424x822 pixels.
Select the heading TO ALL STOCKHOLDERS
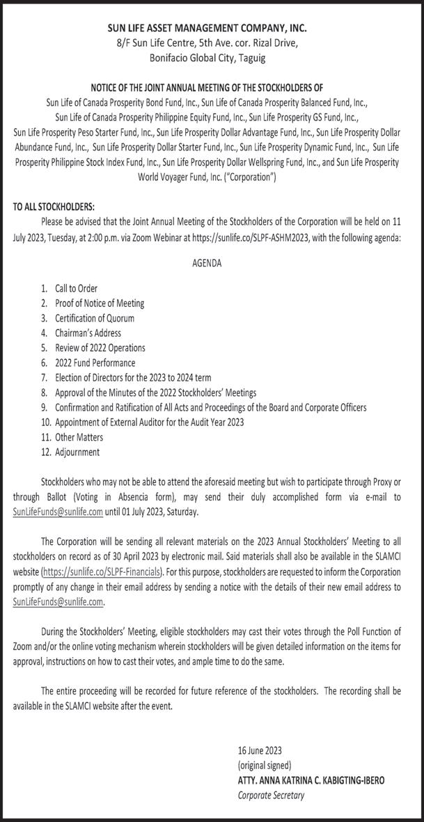(54, 207)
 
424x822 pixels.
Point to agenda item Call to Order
(76, 288)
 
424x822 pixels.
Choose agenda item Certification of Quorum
(94, 318)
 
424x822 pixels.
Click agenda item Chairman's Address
(88, 333)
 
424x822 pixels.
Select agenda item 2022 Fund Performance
(95, 363)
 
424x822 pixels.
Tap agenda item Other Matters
(79, 437)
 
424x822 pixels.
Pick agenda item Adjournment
(77, 452)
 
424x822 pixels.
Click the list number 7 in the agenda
(44, 378)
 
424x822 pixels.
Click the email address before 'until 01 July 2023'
(58, 512)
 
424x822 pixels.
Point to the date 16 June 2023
(260, 750)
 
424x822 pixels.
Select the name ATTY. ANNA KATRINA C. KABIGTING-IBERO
(310, 780)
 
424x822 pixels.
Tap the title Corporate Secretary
(271, 796)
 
